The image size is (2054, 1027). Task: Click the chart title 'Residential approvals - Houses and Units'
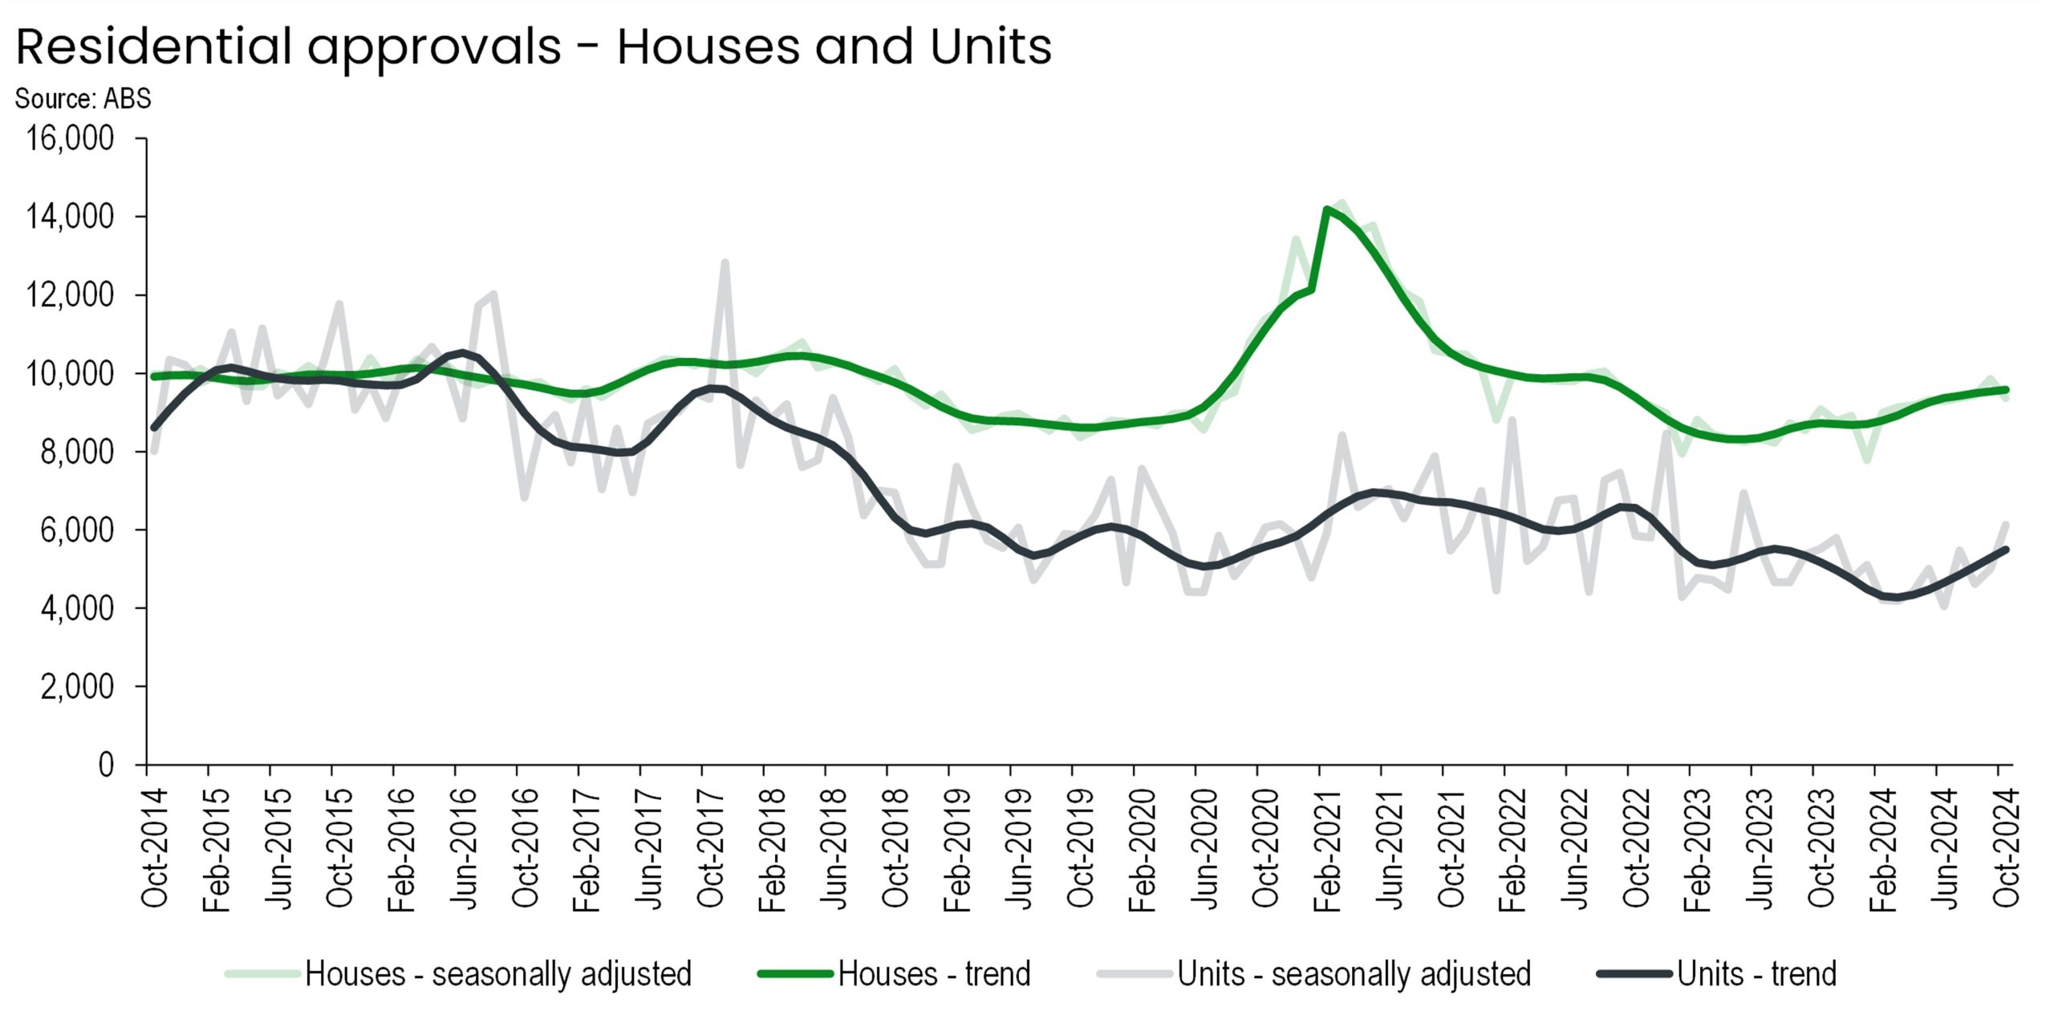point(534,47)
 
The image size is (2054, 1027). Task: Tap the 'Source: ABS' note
point(83,99)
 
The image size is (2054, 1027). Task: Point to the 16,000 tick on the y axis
point(70,139)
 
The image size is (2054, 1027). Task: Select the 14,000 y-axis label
point(70,217)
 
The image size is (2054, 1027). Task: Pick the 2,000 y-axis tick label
point(77,687)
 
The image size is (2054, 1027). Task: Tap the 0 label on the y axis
point(106,765)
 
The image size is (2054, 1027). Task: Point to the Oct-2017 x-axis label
point(711,847)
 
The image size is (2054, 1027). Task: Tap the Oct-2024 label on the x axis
point(2006,847)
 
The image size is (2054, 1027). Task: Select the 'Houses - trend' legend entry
point(934,974)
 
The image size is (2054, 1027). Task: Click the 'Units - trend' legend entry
point(1756,974)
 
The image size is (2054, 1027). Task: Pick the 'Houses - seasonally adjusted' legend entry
point(497,974)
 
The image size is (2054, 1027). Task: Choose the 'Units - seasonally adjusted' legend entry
point(1354,974)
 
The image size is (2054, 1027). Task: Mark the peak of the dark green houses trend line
point(1327,209)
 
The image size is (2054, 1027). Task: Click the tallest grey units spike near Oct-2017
point(725,262)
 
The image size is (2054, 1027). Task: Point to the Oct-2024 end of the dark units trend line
point(2006,550)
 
